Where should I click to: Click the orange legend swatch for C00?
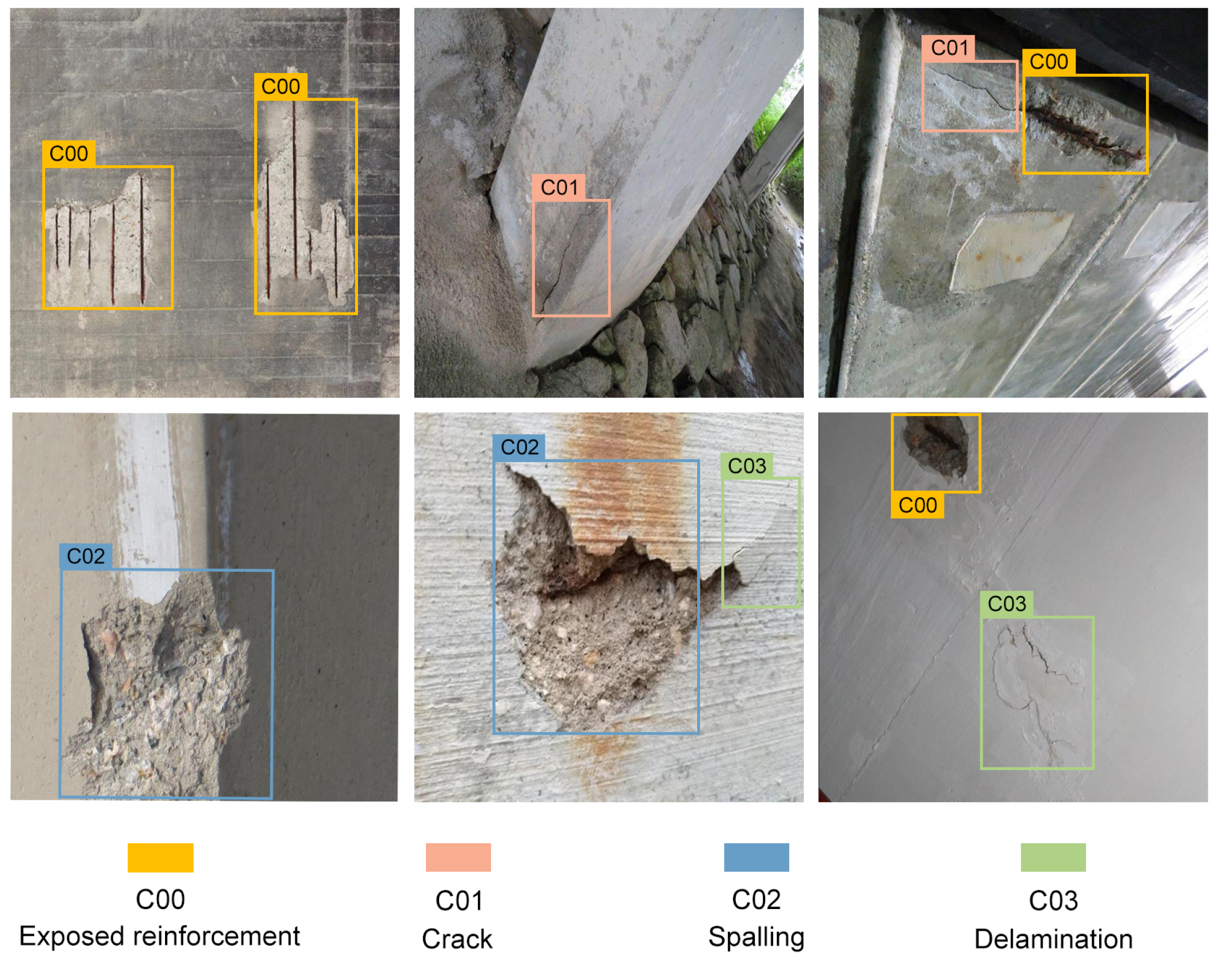click(160, 858)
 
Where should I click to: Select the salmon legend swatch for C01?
click(458, 857)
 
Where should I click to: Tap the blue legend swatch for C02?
click(756, 857)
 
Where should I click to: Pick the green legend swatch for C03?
click(1053, 857)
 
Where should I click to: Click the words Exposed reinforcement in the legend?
click(159, 936)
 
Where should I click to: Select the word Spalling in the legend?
click(756, 937)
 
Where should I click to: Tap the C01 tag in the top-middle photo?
click(559, 187)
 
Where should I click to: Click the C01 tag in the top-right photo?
click(949, 48)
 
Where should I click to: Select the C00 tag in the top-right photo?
click(1048, 62)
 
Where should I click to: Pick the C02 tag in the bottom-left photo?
click(86, 556)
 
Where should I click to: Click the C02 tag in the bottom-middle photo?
click(519, 447)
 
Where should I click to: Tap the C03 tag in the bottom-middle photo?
click(747, 466)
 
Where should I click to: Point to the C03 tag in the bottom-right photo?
click(1007, 603)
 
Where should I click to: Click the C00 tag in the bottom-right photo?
click(917, 505)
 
